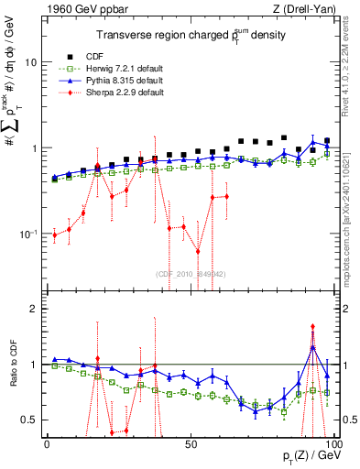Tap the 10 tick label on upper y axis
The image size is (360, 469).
30,62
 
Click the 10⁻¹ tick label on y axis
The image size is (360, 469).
27,234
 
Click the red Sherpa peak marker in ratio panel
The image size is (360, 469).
313,326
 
